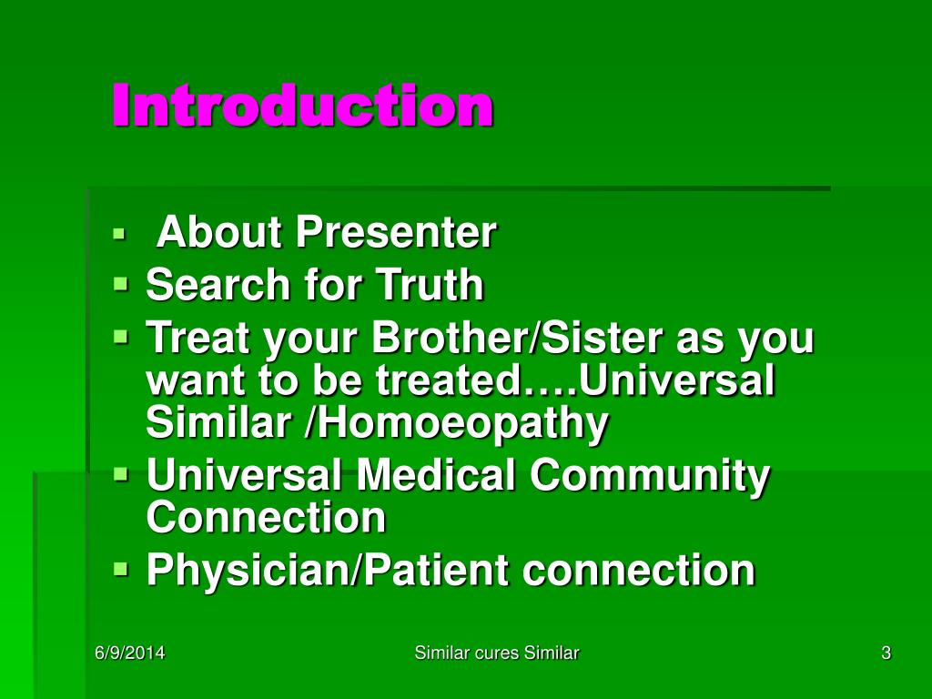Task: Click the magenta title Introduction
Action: pyautogui.click(x=302, y=106)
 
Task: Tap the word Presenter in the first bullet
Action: pyautogui.click(x=395, y=231)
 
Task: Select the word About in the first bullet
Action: pyautogui.click(x=218, y=231)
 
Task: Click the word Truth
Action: pyautogui.click(x=430, y=284)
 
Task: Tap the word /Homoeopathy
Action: pyautogui.click(x=456, y=423)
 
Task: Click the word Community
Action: pyautogui.click(x=649, y=475)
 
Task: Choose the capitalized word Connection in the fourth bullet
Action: pyautogui.click(x=266, y=517)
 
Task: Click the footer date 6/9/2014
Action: pyautogui.click(x=129, y=653)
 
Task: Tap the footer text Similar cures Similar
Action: pyautogui.click(x=496, y=653)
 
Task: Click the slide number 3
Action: pyautogui.click(x=886, y=653)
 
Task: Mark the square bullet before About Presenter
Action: pyautogui.click(x=119, y=233)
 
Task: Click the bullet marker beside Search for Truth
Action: pyautogui.click(x=121, y=284)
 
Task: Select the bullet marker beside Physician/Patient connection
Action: pyautogui.click(x=121, y=569)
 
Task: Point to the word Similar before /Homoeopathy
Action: pyautogui.click(x=218, y=422)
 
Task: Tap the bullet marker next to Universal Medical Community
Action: pyautogui.click(x=121, y=473)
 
